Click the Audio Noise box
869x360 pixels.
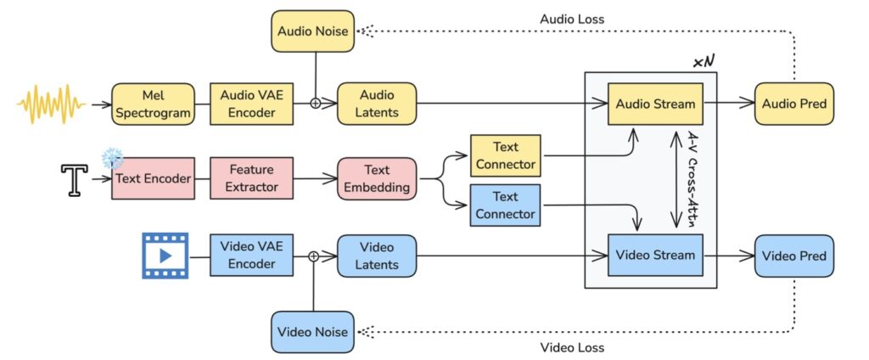coord(314,31)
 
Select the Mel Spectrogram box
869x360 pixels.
coord(153,104)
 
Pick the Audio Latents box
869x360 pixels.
coord(377,104)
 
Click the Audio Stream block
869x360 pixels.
coord(654,104)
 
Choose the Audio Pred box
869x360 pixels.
coord(793,104)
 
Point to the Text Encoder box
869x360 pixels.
coord(153,178)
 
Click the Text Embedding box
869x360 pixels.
coord(377,178)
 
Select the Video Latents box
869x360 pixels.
coord(377,255)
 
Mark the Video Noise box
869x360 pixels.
coord(314,331)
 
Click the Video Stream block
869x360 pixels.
coord(654,255)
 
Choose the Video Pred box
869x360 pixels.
coord(793,255)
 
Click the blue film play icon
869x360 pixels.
coord(165,255)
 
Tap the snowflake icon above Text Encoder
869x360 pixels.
coord(112,157)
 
